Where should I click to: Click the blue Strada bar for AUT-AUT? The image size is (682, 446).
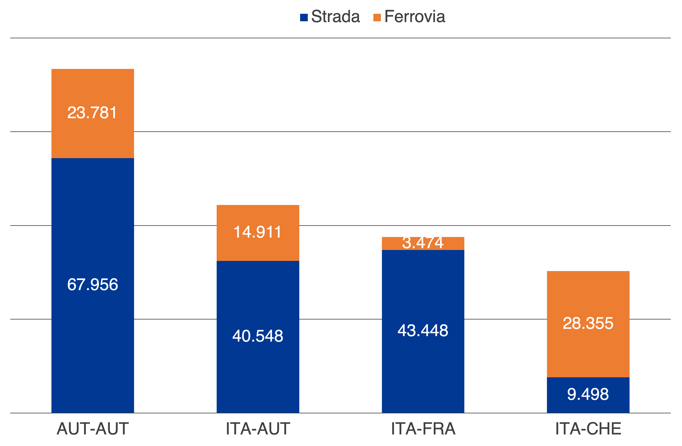click(93, 344)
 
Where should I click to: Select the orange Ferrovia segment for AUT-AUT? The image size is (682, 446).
click(93, 86)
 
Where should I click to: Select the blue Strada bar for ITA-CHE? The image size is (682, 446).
click(588, 407)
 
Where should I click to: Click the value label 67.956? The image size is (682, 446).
click(93, 284)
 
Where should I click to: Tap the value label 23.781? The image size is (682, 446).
click(92, 113)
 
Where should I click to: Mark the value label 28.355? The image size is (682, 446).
click(588, 323)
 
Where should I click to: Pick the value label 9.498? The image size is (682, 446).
click(588, 394)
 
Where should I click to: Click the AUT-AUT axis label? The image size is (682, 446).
click(93, 429)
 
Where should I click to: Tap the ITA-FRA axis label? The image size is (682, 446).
click(423, 429)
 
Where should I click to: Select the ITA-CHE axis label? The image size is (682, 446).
click(588, 429)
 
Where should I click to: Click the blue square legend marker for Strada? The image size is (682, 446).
click(304, 17)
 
